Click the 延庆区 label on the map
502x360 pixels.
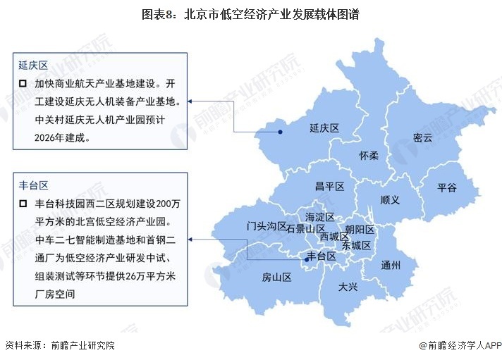pos(324,129)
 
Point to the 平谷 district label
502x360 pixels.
pos(446,187)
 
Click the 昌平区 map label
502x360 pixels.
pos(329,186)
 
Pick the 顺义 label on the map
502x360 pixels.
pos(390,200)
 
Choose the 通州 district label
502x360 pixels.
pos(390,266)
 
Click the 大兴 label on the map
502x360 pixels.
pos(348,287)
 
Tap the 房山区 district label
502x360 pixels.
pos(276,277)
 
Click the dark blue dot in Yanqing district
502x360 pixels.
pos(280,131)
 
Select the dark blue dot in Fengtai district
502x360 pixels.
pos(306,261)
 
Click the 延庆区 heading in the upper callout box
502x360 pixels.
pos(33,66)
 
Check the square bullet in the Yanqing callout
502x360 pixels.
pos(23,84)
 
